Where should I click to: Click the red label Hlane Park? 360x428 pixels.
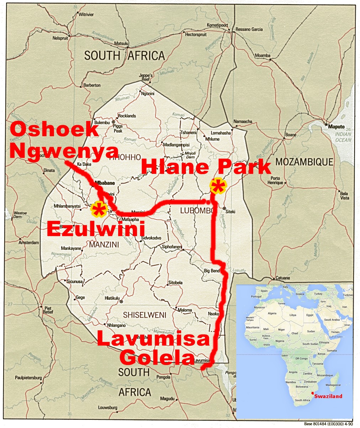(206, 167)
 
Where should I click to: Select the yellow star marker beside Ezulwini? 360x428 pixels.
(99, 210)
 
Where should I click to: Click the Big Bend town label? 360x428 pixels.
(212, 271)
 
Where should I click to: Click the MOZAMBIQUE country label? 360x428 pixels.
(305, 162)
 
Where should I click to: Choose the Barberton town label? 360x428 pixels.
(91, 85)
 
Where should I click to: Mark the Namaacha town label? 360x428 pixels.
(243, 122)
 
